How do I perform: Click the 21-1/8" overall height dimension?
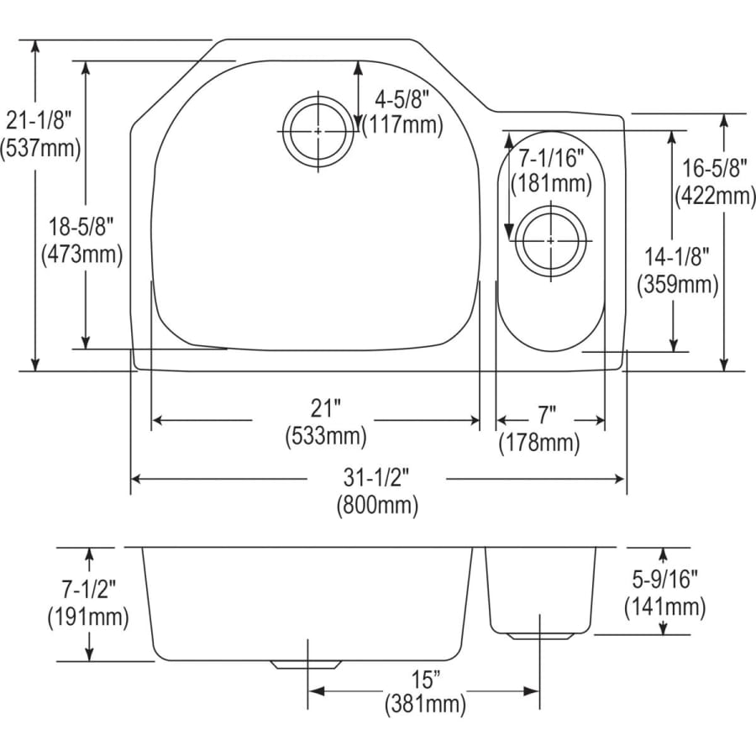(40, 120)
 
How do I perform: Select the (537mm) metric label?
(40, 148)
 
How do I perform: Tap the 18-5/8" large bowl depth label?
(81, 225)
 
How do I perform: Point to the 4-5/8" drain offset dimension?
(401, 99)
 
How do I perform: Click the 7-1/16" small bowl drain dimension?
(551, 156)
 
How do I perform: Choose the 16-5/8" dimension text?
(715, 168)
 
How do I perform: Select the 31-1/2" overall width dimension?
(376, 478)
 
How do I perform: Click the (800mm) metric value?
(376, 506)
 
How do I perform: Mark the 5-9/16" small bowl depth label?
(664, 579)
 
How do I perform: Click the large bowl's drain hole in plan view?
(318, 132)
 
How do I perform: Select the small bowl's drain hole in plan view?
(550, 240)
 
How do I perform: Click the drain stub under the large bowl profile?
(306, 664)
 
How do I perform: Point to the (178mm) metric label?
(539, 442)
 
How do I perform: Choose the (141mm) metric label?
(664, 606)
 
